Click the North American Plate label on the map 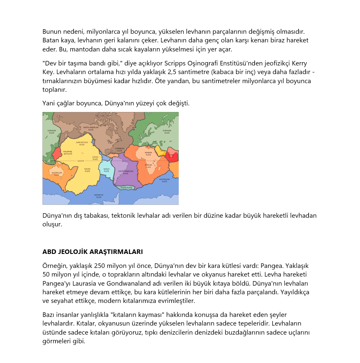(91, 128)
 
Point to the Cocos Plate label (95, 158)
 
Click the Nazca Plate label (106, 170)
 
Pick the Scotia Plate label (124, 188)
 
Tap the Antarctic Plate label (98, 196)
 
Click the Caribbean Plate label (119, 149)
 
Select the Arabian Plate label (148, 154)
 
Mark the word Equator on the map (81, 161)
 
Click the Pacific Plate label (87, 170)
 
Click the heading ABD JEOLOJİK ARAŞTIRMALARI (93, 251)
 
